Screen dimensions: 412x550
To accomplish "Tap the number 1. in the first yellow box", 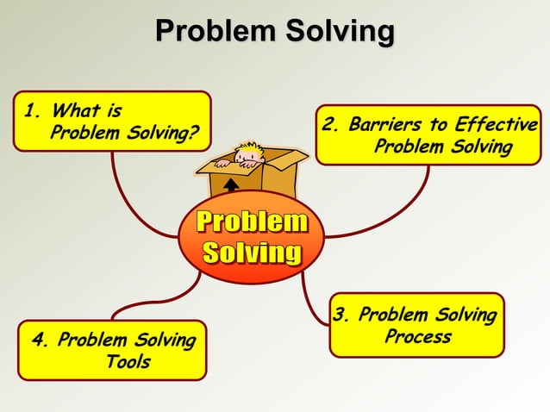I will pyautogui.click(x=33, y=112).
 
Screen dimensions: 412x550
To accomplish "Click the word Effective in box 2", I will pyautogui.click(x=495, y=127).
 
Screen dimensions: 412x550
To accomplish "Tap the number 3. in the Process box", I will pyautogui.click(x=342, y=315).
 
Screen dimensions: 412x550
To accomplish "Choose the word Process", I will pyautogui.click(x=417, y=337).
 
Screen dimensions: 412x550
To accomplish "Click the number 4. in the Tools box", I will pyautogui.click(x=41, y=340).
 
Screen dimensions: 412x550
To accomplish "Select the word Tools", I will pyautogui.click(x=128, y=362).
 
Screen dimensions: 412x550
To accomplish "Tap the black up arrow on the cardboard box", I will pyautogui.click(x=231, y=184).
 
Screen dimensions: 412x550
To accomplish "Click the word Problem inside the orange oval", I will pyautogui.click(x=252, y=222).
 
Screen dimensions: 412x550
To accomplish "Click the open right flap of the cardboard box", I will pyautogui.click(x=284, y=159).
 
